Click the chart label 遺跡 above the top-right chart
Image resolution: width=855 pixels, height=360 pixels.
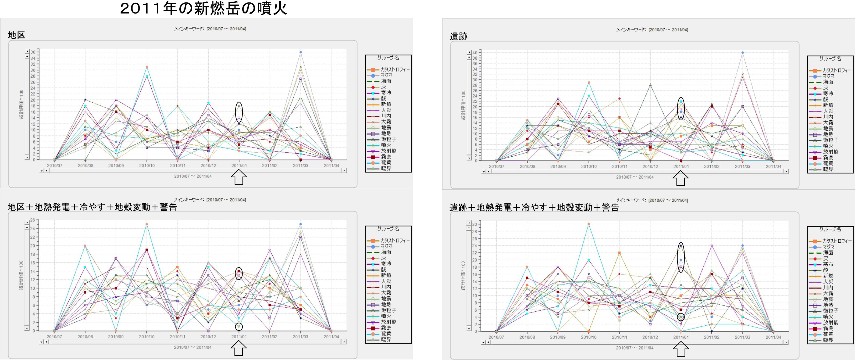(458, 37)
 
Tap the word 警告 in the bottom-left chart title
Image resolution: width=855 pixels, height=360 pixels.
(168, 207)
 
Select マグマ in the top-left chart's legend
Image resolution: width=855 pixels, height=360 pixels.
(386, 75)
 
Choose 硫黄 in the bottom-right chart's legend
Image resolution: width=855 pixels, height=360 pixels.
(828, 334)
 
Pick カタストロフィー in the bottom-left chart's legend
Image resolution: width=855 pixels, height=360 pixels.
(395, 240)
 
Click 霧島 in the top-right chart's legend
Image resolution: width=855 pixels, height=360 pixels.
(828, 158)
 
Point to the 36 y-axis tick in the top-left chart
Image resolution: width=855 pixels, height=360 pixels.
(33, 52)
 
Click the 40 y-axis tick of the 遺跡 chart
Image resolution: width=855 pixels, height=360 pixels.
(475, 53)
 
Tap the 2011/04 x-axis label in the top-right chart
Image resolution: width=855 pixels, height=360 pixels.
(773, 166)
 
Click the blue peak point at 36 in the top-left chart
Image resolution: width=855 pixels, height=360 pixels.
(300, 52)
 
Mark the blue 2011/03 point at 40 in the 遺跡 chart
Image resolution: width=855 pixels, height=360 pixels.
(743, 53)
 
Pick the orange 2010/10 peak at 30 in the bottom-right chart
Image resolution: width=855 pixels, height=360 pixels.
(589, 224)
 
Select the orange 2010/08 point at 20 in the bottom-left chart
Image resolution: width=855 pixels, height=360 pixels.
(85, 246)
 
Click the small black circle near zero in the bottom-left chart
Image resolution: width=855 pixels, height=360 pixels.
(239, 326)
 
